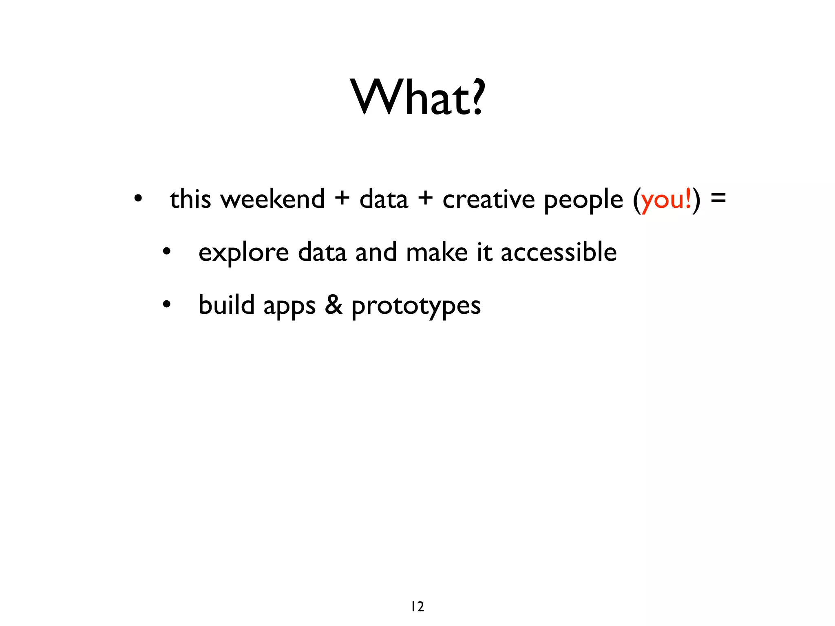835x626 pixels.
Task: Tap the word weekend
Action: click(x=272, y=199)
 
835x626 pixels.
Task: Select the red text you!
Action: click(x=666, y=200)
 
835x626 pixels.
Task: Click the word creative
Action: click(x=488, y=199)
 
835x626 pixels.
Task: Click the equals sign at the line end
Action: click(x=718, y=198)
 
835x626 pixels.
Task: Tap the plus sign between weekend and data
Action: click(x=342, y=198)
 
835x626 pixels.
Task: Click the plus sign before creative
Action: click(x=425, y=198)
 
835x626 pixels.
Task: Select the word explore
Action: click(x=243, y=253)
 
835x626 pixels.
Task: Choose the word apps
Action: click(x=289, y=306)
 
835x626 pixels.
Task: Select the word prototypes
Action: click(x=416, y=306)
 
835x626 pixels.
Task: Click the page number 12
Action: click(x=417, y=607)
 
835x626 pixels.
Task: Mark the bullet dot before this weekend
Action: click(x=138, y=199)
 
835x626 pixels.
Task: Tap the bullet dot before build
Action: click(x=166, y=304)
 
